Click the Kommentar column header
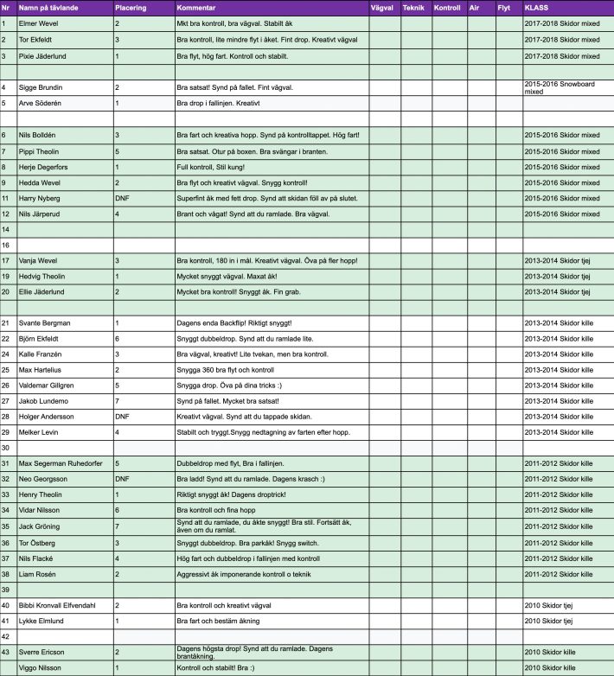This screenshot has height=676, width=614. pos(195,8)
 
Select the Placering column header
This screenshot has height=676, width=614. pos(131,8)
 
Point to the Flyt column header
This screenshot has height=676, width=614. pos(504,8)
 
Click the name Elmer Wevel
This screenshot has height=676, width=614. pos(42,24)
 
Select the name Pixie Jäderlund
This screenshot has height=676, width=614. pos(46,56)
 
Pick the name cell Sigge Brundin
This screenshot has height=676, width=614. pos(43,87)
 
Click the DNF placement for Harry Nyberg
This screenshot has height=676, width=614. pos(122,198)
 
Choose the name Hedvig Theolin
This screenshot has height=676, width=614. pos(46,276)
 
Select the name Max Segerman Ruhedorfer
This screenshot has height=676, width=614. pos(63,463)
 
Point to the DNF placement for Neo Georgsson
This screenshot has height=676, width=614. pos(122,479)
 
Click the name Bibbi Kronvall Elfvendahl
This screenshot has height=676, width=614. pos(65,605)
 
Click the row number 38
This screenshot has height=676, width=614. pos(6,573)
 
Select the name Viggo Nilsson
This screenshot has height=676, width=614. pos(43,668)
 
